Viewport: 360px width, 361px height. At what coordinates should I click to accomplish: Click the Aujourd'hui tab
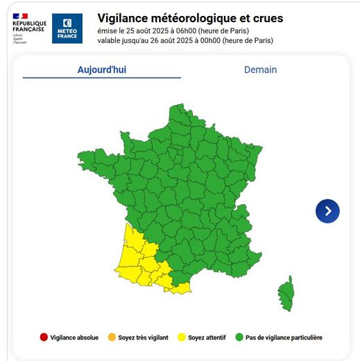tap(101, 69)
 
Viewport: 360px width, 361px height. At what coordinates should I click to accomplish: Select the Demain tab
tap(260, 69)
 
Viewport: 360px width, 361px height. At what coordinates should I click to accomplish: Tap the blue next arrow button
tap(327, 210)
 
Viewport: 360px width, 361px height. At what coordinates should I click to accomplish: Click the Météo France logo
tap(67, 28)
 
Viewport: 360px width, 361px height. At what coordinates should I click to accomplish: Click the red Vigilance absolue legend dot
tap(44, 337)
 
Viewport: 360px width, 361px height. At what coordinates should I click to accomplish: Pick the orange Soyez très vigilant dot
tap(112, 337)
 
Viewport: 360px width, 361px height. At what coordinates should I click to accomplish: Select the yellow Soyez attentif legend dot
tap(182, 337)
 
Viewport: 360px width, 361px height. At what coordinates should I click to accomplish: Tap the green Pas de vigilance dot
tap(240, 337)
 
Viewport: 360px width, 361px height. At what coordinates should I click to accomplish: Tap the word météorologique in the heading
tap(200, 17)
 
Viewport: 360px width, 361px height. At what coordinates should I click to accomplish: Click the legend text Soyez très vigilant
tap(144, 337)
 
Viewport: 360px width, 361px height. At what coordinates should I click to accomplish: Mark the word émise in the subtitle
tap(108, 31)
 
